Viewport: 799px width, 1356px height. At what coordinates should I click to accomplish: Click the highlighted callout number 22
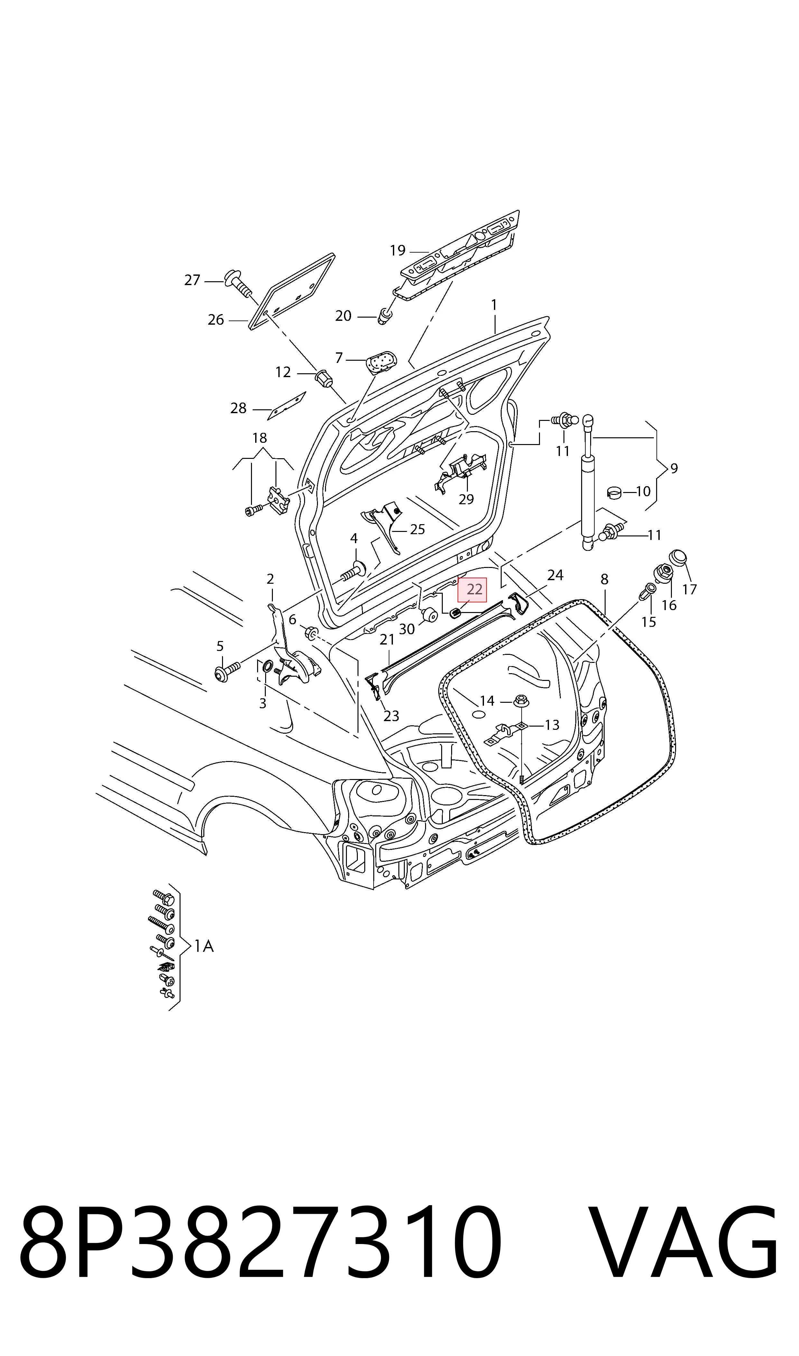(472, 590)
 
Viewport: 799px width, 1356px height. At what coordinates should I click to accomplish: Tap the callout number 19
(397, 250)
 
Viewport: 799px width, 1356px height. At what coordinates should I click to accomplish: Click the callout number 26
(216, 320)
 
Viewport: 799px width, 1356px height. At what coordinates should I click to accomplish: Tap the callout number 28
(238, 408)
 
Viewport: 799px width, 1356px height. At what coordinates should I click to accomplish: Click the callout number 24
(555, 575)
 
